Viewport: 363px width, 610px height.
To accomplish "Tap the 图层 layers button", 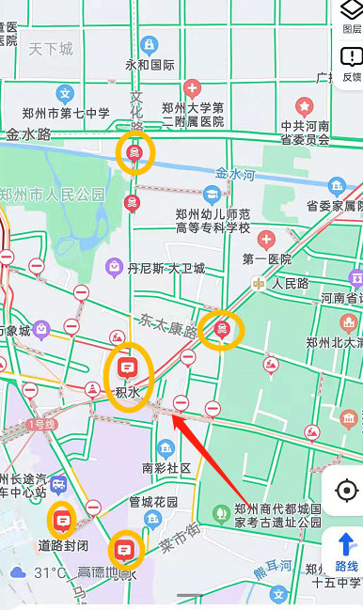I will point(350,16).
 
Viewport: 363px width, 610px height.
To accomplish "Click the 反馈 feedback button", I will point(351,63).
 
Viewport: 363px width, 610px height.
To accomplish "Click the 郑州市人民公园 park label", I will point(53,195).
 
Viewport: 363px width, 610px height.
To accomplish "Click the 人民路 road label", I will point(291,282).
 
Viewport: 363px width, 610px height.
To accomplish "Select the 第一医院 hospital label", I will point(268,258).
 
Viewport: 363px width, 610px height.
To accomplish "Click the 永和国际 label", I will point(150,65).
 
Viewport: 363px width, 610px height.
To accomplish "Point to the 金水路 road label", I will point(28,135).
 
